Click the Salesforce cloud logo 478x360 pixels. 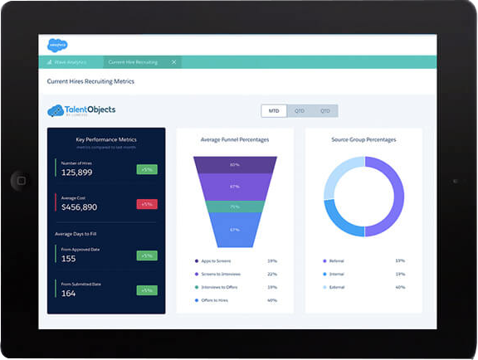click(x=57, y=46)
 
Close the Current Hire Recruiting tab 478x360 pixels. click(x=173, y=62)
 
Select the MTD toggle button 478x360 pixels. click(x=274, y=110)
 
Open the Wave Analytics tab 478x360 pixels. click(x=70, y=62)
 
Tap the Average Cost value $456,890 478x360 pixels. click(x=79, y=207)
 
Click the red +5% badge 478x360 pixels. click(x=147, y=204)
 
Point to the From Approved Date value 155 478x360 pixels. click(x=68, y=259)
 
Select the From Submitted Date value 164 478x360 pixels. click(x=68, y=293)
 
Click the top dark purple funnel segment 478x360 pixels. click(x=235, y=165)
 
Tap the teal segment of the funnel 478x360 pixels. click(x=235, y=207)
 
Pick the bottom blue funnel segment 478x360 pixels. click(x=235, y=230)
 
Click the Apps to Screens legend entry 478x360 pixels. click(x=218, y=260)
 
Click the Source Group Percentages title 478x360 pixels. click(x=363, y=139)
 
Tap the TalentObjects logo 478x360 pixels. click(x=82, y=110)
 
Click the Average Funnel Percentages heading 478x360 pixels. click(x=235, y=139)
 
